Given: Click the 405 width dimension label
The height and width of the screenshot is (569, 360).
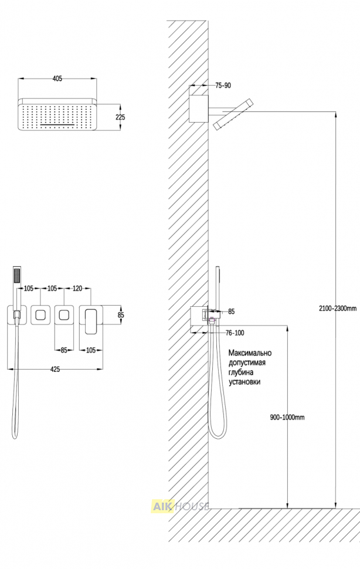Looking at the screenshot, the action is coord(57,79).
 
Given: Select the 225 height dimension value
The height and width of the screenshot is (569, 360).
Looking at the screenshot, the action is coord(120,117).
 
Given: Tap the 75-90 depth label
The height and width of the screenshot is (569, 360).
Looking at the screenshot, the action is coord(223,86).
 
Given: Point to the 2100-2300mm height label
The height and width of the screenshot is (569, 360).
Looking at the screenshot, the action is coord(338,309).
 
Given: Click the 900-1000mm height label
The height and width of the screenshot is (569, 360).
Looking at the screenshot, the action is coord(287,417).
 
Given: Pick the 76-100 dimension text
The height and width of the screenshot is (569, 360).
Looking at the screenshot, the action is coord(235,333).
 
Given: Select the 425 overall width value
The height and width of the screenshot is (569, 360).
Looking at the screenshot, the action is coord(55,370).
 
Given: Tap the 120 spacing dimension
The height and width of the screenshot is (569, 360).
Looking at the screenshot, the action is coord(77,289).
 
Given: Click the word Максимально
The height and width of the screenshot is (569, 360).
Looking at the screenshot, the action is coord(250,353).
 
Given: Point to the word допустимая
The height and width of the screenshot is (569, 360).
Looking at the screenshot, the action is coord(247,363).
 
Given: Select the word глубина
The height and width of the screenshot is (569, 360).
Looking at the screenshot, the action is coord(241,372).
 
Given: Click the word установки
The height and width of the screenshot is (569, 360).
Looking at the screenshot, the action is coord(244,382).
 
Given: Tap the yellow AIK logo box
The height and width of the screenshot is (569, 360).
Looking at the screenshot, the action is coord(163,507).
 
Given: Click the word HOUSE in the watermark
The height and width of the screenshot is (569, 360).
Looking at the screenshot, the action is coord(192,507).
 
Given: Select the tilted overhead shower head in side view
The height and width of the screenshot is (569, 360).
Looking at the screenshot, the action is coord(233,114).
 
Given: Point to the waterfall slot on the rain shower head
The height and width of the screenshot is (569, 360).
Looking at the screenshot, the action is coord(58,125).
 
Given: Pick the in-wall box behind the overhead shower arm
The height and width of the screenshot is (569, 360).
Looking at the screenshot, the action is coord(199,109).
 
